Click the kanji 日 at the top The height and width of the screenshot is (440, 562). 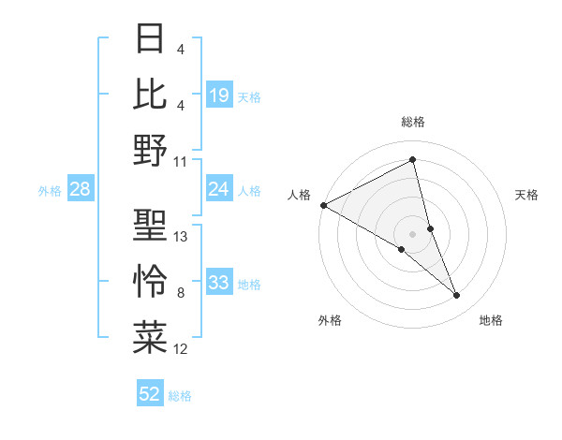point(151,39)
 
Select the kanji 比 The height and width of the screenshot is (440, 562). point(151,94)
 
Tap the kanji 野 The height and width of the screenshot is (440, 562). point(151,150)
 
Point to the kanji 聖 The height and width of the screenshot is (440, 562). point(151,226)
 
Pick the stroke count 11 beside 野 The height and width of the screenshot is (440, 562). point(181,162)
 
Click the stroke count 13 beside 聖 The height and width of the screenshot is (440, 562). point(181,237)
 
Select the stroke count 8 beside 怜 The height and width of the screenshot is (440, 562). point(181,293)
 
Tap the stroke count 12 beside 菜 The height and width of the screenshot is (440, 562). point(181,349)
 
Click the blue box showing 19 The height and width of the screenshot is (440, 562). point(218,95)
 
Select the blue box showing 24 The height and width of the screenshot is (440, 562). point(218,189)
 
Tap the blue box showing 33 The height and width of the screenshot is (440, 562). point(218,283)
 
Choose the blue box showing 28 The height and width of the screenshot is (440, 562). point(80,190)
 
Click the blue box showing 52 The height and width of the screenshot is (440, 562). point(150,394)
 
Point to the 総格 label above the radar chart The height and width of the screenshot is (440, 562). point(412,122)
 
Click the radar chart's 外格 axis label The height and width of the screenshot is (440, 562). point(330,320)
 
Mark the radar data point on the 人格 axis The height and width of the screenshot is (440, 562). point(323,205)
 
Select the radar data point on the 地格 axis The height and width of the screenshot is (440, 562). point(457,295)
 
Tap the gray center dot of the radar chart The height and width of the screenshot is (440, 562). point(412,233)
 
